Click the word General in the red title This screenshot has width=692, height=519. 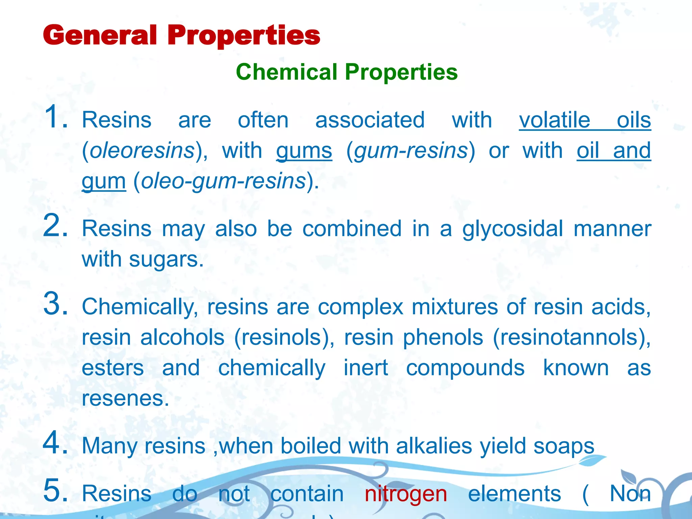pos(100,35)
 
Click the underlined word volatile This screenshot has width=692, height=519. pos(554,120)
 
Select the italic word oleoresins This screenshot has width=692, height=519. pos(142,150)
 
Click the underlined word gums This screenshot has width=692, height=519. pos(304,150)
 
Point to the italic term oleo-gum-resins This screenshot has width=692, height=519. pos(223,181)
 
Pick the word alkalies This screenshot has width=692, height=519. pos(434,446)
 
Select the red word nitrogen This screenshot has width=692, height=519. pos(406,494)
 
